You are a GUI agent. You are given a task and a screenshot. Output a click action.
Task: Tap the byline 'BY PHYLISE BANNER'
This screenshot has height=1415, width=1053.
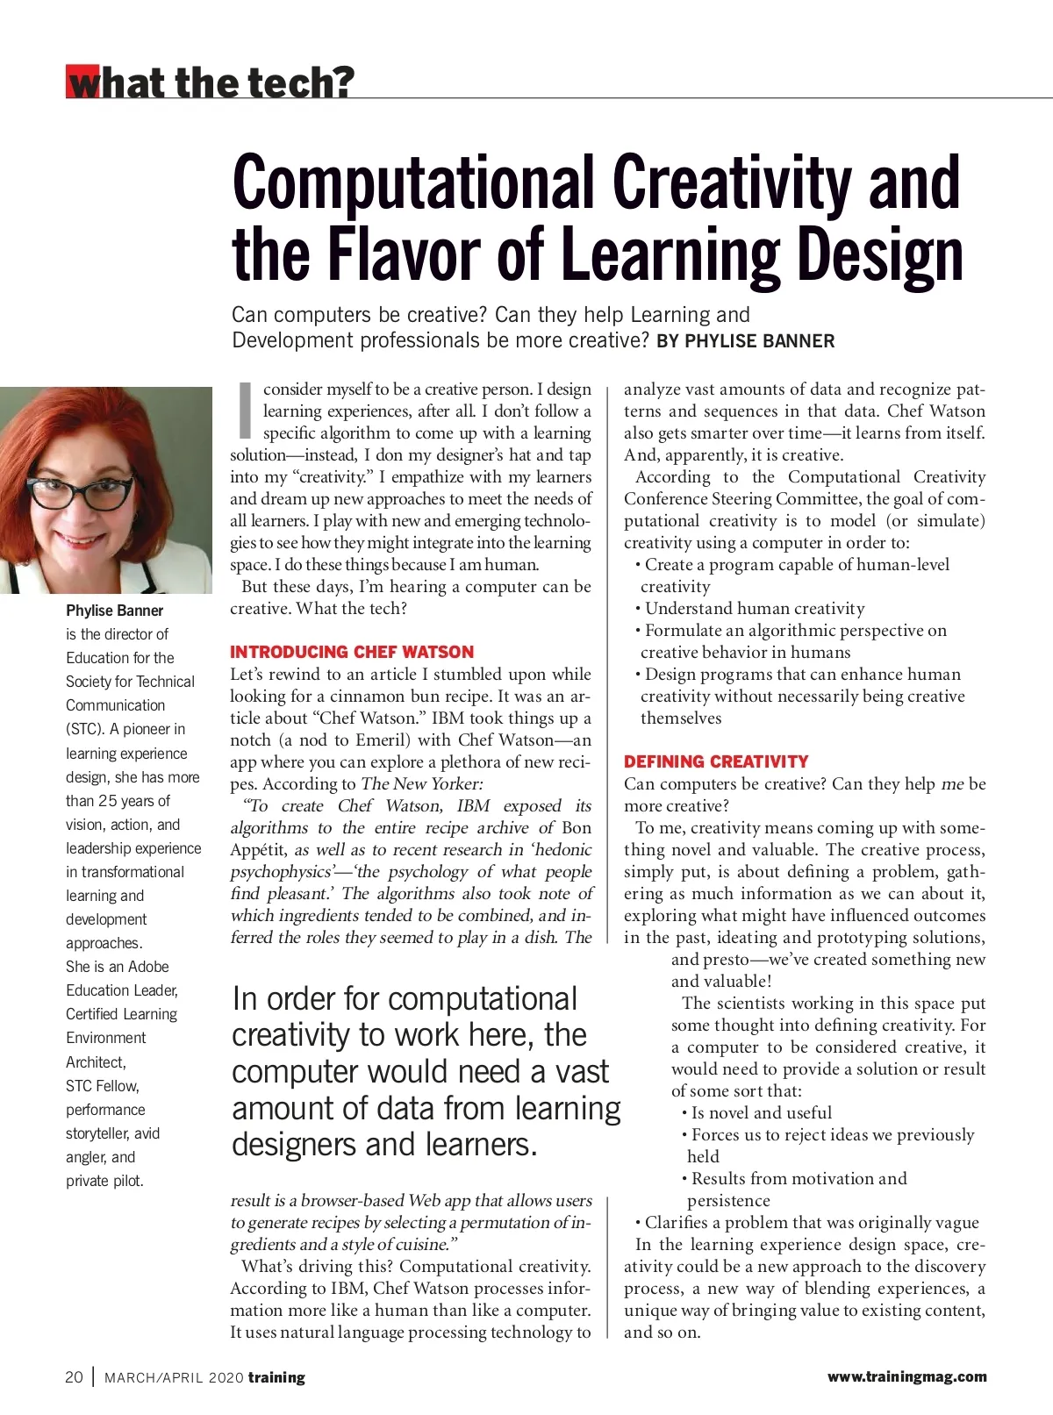click(745, 341)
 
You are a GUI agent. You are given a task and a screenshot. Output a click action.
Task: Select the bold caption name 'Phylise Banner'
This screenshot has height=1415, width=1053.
click(114, 611)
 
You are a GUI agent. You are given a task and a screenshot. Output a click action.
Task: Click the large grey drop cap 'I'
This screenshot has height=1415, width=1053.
click(246, 411)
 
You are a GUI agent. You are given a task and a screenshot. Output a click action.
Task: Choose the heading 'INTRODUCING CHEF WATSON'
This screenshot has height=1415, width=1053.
click(352, 652)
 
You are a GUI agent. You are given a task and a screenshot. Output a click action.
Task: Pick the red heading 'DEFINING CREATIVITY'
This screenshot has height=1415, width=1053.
click(716, 761)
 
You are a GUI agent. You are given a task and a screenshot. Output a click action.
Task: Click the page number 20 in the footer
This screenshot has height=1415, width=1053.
click(74, 1377)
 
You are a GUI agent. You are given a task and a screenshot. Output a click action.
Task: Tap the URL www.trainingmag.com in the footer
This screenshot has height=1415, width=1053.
click(906, 1377)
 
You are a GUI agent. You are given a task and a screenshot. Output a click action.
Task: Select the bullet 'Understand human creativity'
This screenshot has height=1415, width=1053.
click(754, 609)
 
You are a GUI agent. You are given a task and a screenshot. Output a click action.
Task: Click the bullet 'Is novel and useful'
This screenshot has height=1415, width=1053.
click(761, 1113)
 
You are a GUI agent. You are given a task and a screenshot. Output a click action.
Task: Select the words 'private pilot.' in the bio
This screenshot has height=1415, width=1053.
click(104, 1181)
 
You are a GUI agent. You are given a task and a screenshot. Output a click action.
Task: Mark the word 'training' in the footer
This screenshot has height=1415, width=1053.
click(276, 1377)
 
